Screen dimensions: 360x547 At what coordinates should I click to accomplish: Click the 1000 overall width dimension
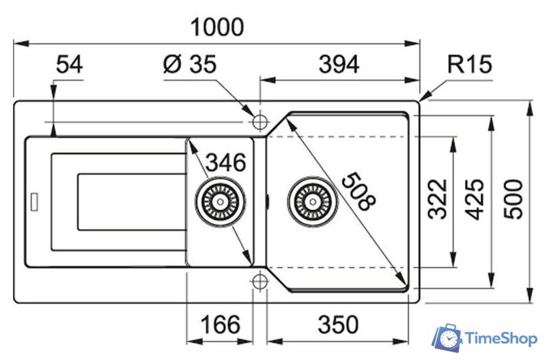pyautogui.click(x=217, y=27)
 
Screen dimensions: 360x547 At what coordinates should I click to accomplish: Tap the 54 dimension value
pyautogui.click(x=70, y=64)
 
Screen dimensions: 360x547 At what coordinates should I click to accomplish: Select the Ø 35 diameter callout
pyautogui.click(x=189, y=64)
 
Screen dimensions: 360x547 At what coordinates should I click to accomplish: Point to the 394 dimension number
pyautogui.click(x=339, y=64)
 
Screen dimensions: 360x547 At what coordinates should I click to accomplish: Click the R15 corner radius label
pyautogui.click(x=470, y=64)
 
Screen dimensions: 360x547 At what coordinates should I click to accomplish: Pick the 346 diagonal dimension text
pyautogui.click(x=225, y=163)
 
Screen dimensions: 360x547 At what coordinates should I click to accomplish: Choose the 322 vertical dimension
pyautogui.click(x=440, y=199)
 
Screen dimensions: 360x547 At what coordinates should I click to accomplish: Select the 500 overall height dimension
pyautogui.click(x=514, y=199)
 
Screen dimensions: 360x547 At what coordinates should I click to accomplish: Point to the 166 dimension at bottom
pyautogui.click(x=219, y=324)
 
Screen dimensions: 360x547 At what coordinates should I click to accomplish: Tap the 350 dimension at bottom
pyautogui.click(x=338, y=324)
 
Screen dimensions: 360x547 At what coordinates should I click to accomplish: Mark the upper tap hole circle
pyautogui.click(x=260, y=122)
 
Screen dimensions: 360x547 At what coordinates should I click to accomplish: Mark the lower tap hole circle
pyautogui.click(x=259, y=281)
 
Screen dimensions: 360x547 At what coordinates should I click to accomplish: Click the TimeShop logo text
pyautogui.click(x=501, y=339)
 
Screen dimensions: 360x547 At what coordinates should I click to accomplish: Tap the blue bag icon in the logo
pyautogui.click(x=448, y=339)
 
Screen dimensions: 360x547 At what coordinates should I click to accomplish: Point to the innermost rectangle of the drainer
pyautogui.click(x=130, y=201)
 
